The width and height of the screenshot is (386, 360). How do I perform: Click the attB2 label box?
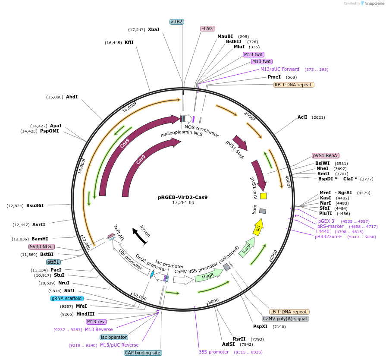177,22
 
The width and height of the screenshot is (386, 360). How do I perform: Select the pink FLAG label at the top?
207,28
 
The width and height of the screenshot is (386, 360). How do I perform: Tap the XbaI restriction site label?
154,29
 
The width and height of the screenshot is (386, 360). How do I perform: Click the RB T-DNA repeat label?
293,85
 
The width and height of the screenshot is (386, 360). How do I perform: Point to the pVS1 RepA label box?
325,155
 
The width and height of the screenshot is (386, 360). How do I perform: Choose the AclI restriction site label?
302,117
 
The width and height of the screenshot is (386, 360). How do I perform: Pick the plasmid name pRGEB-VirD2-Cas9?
183,197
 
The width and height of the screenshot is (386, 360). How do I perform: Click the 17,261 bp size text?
183,202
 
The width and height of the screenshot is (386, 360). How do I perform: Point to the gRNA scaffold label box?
66,298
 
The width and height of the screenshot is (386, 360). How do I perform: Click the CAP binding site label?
143,353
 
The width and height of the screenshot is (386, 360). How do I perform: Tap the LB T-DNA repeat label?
289,312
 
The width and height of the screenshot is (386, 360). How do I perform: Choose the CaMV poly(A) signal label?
285,319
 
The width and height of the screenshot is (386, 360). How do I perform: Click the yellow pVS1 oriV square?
264,196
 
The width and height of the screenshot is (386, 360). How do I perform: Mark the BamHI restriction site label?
40,239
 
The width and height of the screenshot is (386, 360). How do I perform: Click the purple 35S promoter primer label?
213,352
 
